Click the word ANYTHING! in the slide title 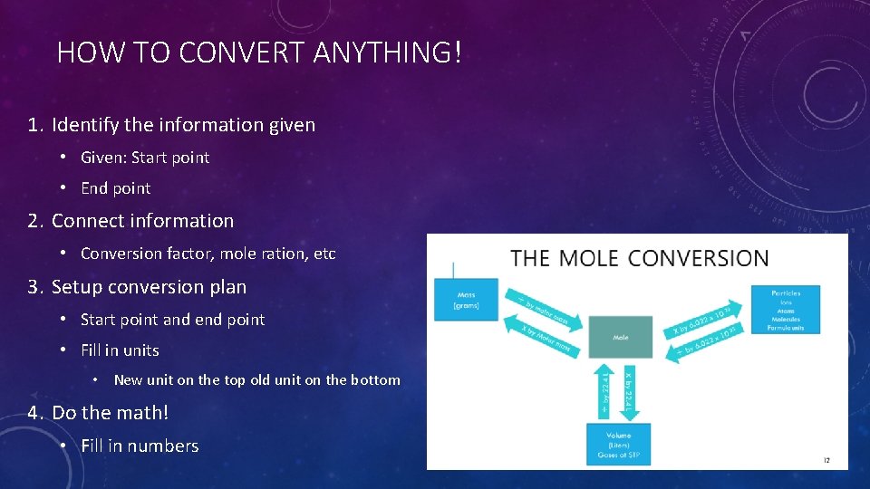pyautogui.click(x=387, y=53)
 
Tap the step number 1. pyautogui.click(x=34, y=125)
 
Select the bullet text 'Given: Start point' pyautogui.click(x=145, y=158)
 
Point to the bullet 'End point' pyautogui.click(x=116, y=188)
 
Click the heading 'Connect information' pyautogui.click(x=142, y=221)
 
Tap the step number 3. pyautogui.click(x=34, y=287)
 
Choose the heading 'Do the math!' pyautogui.click(x=110, y=413)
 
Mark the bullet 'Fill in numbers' pyautogui.click(x=140, y=446)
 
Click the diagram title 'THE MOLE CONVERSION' pyautogui.click(x=639, y=258)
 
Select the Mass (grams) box pyautogui.click(x=466, y=300)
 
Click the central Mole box pyautogui.click(x=620, y=337)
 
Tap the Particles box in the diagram pyautogui.click(x=785, y=309)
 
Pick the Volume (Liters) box pyautogui.click(x=620, y=444)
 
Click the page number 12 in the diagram pyautogui.click(x=826, y=461)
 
